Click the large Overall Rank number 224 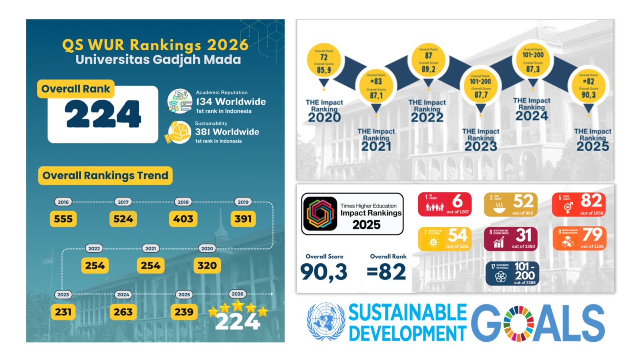click(x=103, y=114)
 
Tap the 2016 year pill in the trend click(x=63, y=202)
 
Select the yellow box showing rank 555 click(x=63, y=219)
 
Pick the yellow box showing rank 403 click(x=183, y=219)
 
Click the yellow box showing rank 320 click(x=207, y=266)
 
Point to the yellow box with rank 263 click(x=123, y=312)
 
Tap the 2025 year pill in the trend click(x=184, y=294)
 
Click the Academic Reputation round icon click(x=180, y=101)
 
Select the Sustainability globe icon click(x=179, y=132)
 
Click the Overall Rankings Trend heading click(x=105, y=176)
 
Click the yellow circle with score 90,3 click(x=588, y=86)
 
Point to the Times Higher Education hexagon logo click(x=320, y=214)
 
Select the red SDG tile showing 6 click(x=444, y=204)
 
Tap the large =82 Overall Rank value click(x=386, y=272)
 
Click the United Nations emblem click(x=326, y=322)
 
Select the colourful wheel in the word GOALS click(x=518, y=323)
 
